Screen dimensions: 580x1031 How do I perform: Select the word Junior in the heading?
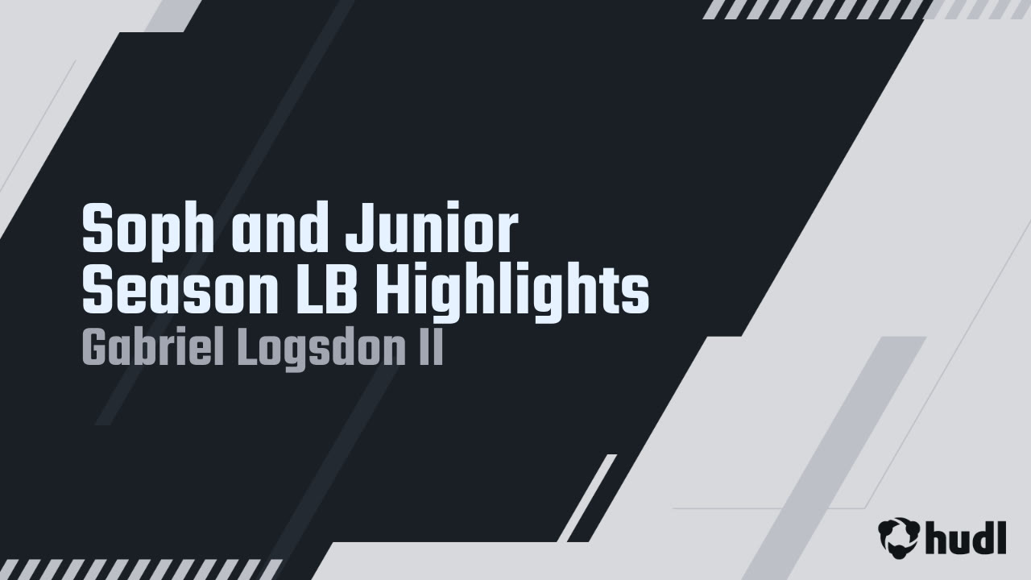click(x=431, y=230)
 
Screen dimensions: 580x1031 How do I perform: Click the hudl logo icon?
click(x=898, y=537)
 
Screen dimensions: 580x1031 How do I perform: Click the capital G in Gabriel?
click(x=94, y=350)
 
